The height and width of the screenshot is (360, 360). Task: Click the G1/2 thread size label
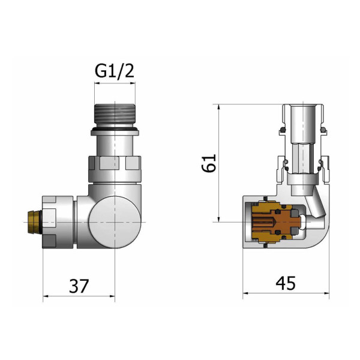[x=115, y=71]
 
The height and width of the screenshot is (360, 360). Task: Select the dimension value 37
[x=79, y=286]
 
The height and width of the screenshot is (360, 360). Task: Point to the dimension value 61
[x=209, y=163]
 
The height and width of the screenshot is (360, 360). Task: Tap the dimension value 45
[x=286, y=283]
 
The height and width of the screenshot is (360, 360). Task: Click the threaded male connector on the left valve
[x=115, y=114]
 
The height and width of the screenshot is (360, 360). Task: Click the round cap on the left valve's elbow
[x=115, y=222]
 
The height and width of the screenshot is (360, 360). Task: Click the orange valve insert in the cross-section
[x=275, y=222]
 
